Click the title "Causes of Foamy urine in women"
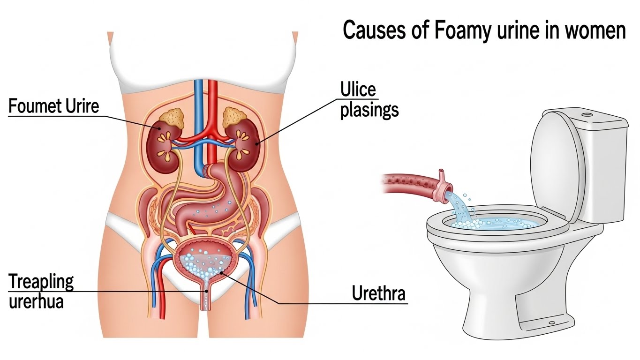coord(484,31)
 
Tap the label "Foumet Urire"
coord(54,106)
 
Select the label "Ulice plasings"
coord(369,100)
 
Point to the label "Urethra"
coord(378,294)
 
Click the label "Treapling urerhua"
coord(41,291)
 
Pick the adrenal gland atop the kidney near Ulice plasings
coord(234,116)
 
